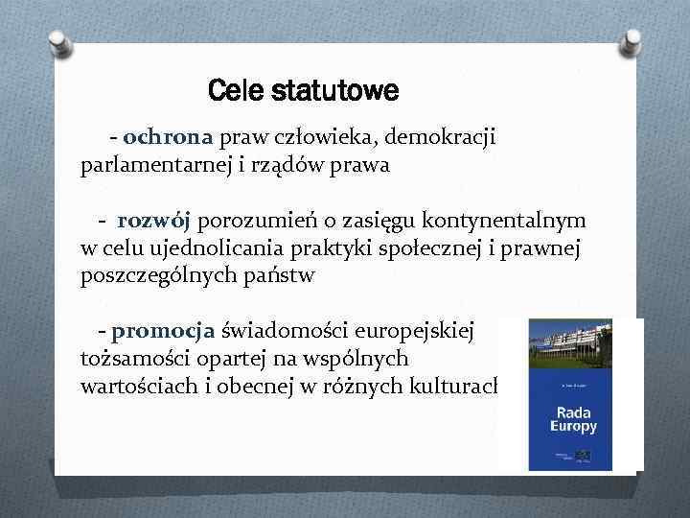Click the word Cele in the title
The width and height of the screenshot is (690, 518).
click(236, 93)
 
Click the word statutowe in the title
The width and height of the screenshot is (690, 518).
click(334, 93)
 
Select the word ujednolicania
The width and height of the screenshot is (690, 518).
click(217, 248)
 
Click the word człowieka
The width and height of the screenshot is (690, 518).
click(301, 138)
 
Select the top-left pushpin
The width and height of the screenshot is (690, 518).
click(59, 42)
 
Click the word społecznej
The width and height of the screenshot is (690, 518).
click(439, 248)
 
